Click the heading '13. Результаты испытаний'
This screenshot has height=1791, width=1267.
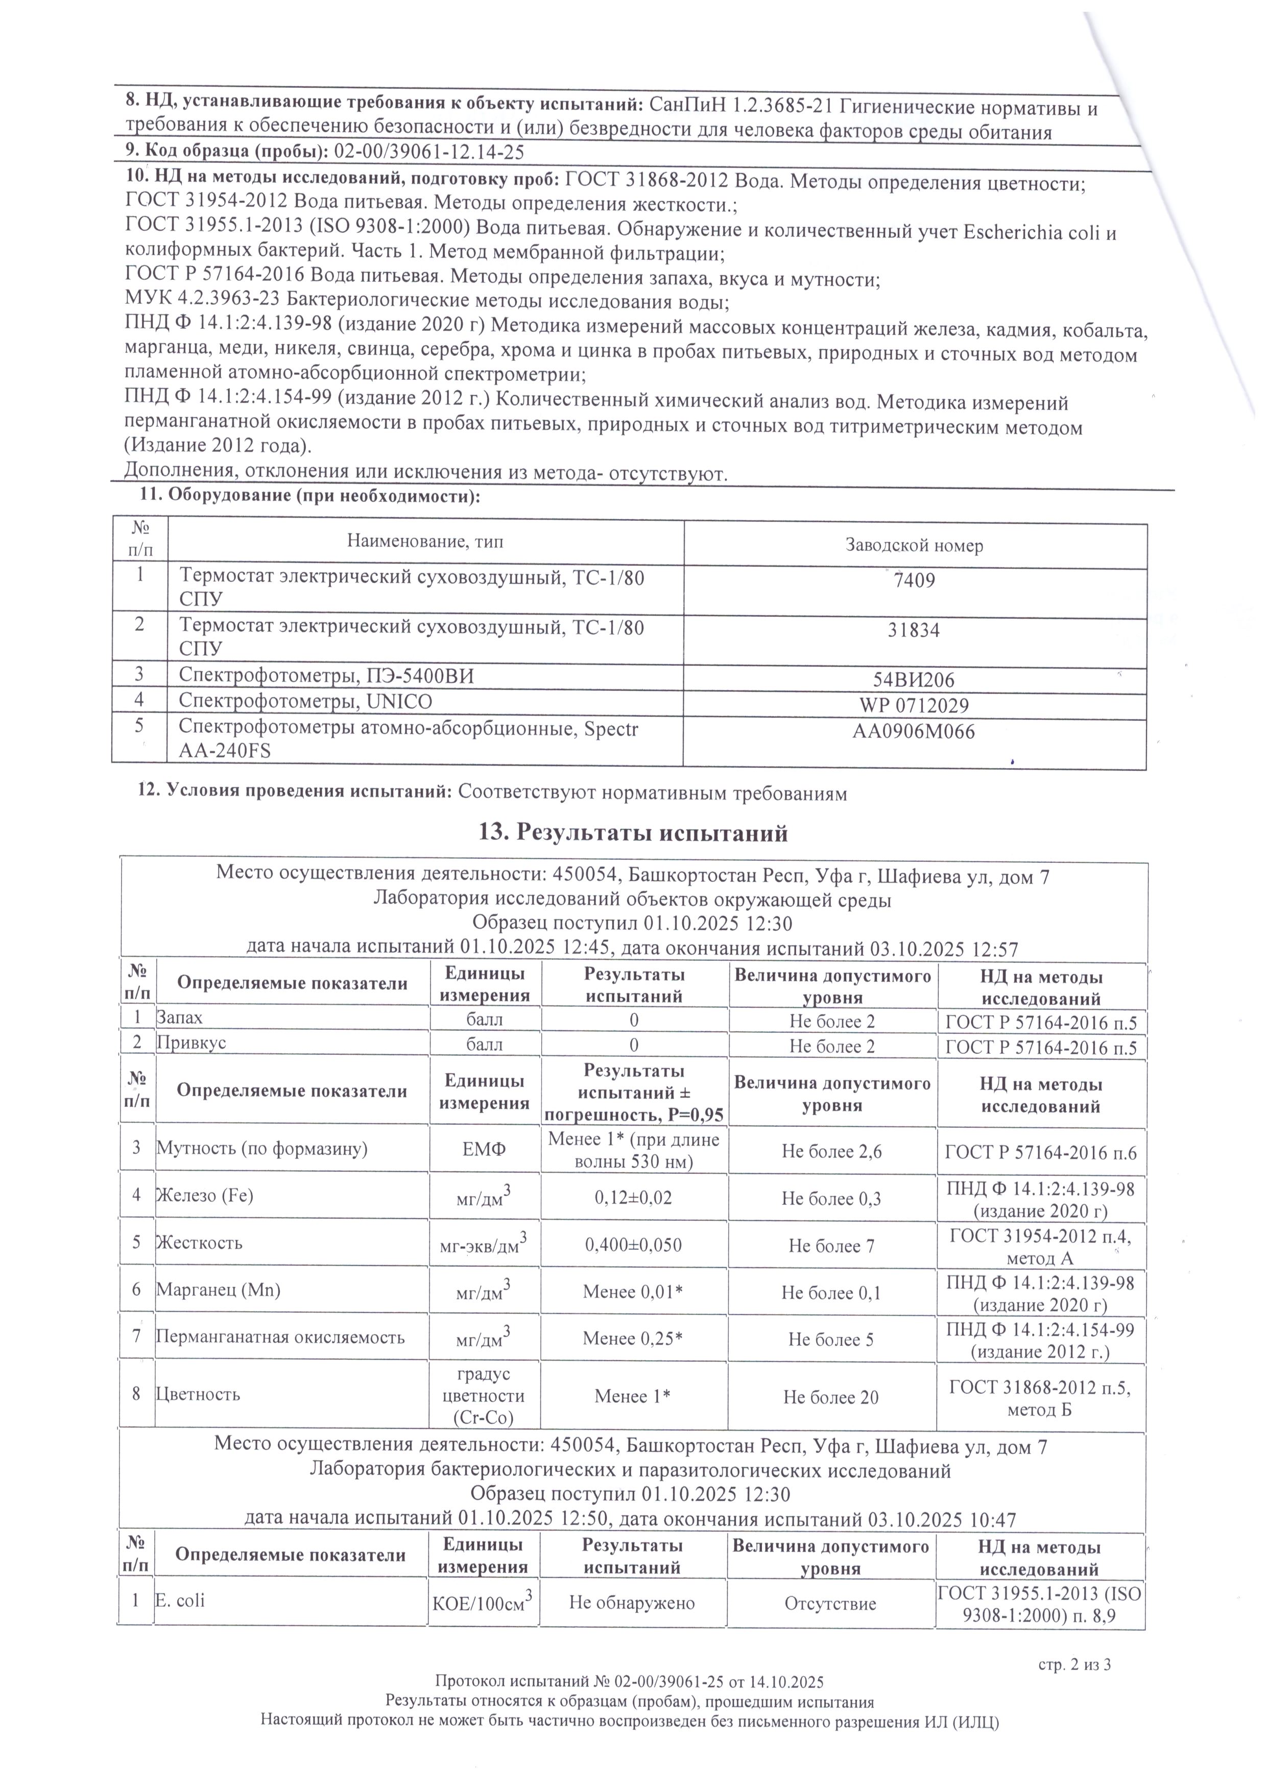coord(633,833)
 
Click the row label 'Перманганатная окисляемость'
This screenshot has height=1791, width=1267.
coord(280,1337)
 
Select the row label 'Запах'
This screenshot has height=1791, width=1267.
coord(179,1018)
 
